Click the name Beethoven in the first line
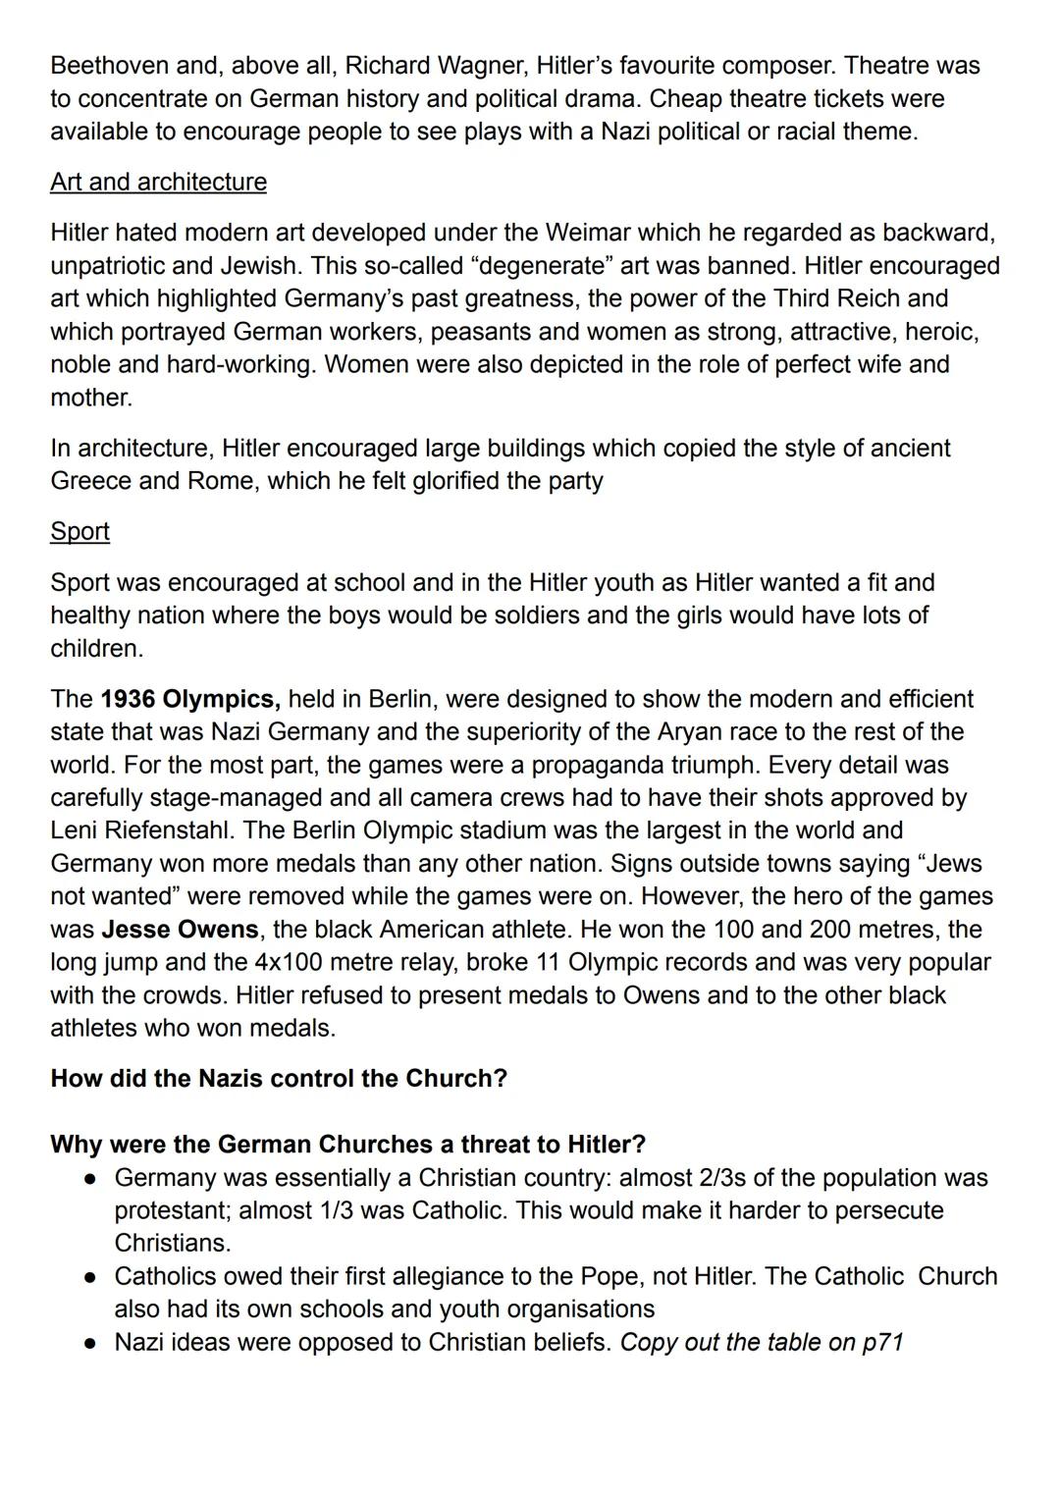[x=108, y=66]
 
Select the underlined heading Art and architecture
[x=158, y=183]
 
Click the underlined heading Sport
[x=79, y=532]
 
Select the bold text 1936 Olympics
[x=190, y=699]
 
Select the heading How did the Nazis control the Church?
[x=279, y=1079]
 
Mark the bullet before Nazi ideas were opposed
[x=89, y=1343]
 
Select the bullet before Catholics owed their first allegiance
[x=89, y=1277]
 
